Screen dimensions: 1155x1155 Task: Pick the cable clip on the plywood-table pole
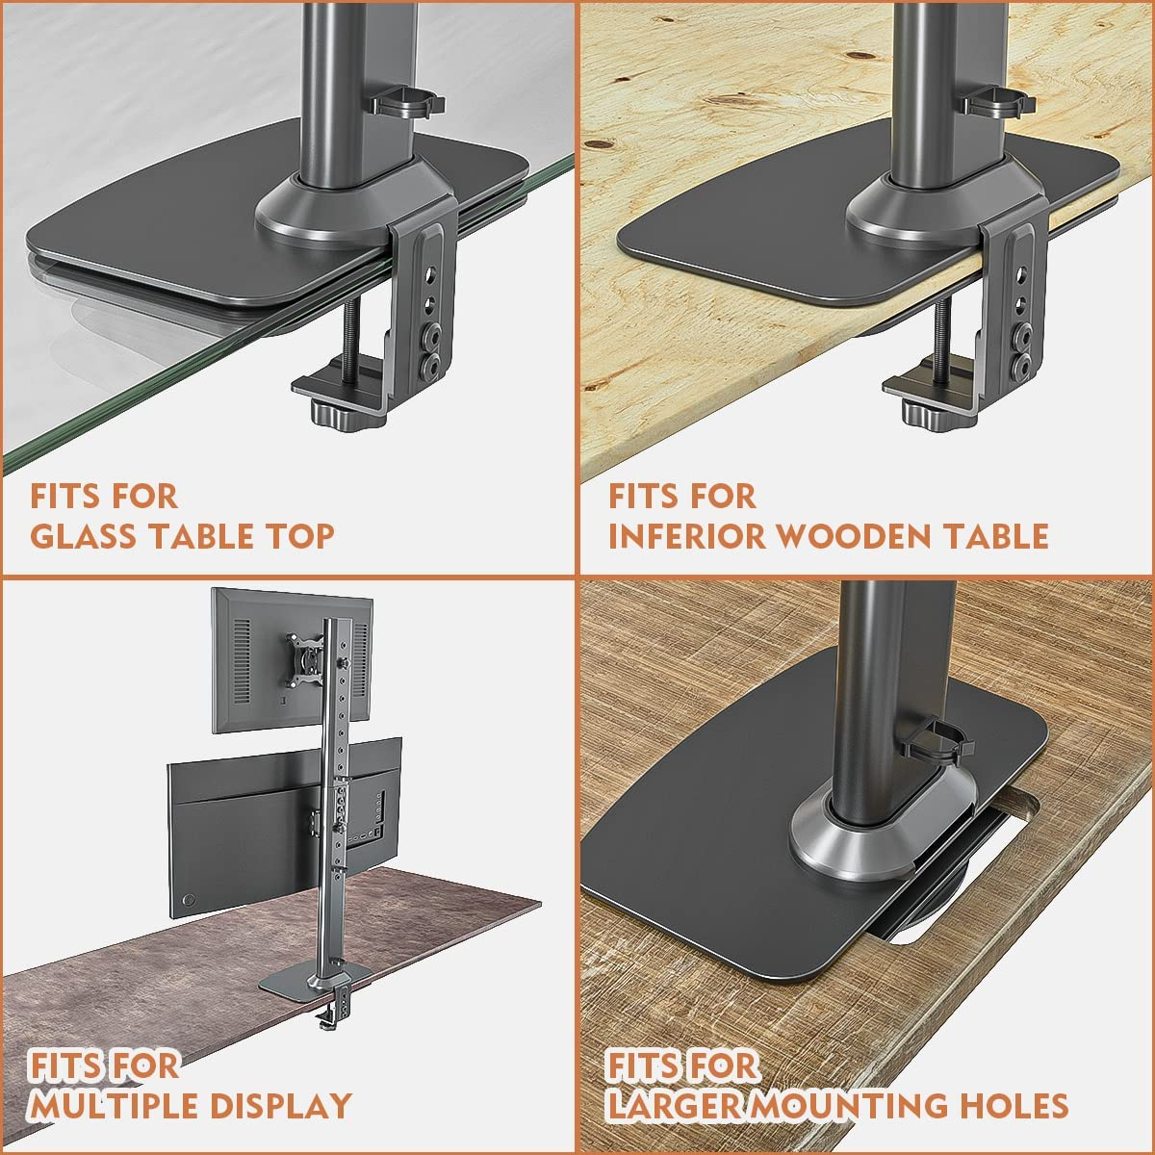point(992,100)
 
